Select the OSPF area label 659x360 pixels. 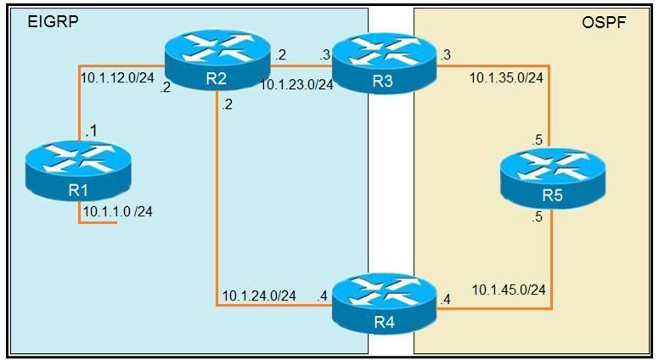pyautogui.click(x=604, y=22)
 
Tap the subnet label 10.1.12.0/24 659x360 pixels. pyautogui.click(x=117, y=77)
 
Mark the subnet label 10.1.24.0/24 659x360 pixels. pyautogui.click(x=258, y=295)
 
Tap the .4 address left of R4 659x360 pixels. pyautogui.click(x=322, y=295)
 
